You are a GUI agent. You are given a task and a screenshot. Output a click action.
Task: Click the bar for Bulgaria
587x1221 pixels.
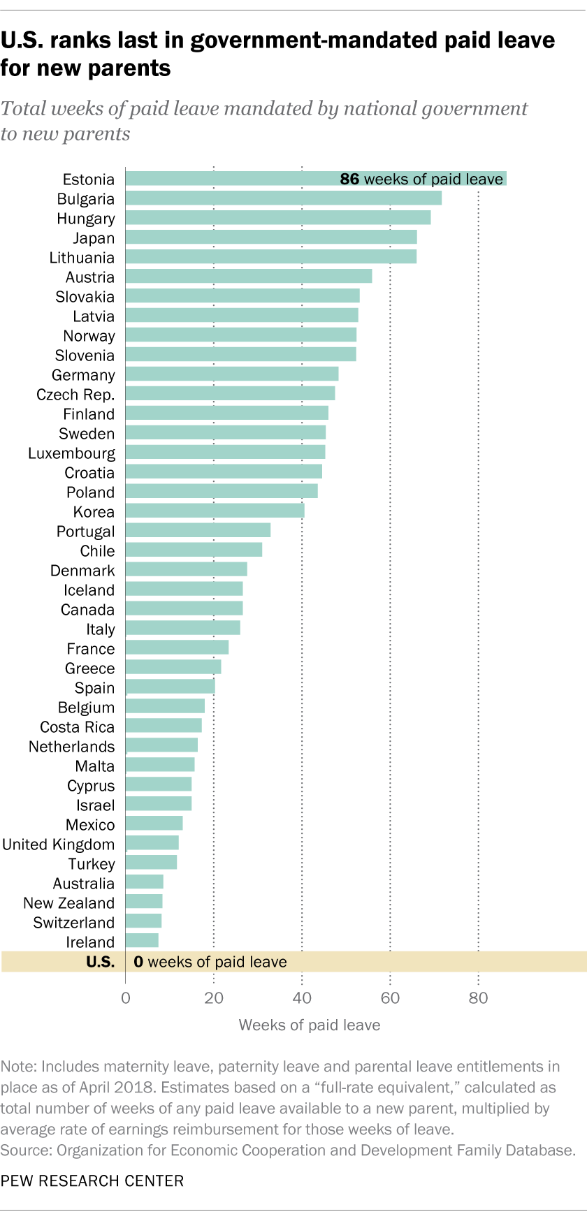(x=283, y=198)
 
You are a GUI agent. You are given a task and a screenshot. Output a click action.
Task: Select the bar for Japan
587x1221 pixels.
(x=271, y=237)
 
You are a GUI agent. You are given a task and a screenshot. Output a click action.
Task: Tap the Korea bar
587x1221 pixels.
(x=215, y=511)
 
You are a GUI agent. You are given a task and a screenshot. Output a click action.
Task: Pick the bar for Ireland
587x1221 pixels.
(x=142, y=941)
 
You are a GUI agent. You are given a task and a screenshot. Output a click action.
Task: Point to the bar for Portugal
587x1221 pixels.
(x=198, y=531)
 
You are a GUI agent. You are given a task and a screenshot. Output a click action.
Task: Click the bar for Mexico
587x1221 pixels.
(x=154, y=824)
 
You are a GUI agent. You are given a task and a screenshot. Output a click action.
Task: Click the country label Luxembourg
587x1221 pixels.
(x=71, y=453)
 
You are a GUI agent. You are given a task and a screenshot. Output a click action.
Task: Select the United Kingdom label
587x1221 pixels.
(x=58, y=845)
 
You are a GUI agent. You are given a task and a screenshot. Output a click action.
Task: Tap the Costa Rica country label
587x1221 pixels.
(x=77, y=727)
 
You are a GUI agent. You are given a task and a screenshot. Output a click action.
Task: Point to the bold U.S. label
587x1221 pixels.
(x=100, y=962)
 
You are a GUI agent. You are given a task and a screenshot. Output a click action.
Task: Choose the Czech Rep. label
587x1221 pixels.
(x=75, y=395)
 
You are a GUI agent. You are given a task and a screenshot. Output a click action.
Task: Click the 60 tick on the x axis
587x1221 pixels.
(x=390, y=997)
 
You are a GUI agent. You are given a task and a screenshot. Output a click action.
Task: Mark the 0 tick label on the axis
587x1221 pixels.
(x=126, y=997)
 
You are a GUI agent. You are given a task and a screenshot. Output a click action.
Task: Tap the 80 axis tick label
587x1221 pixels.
(x=478, y=997)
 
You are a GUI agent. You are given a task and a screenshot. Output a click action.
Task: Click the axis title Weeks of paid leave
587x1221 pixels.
(x=310, y=1025)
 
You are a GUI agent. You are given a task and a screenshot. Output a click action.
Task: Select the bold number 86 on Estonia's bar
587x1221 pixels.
(x=349, y=180)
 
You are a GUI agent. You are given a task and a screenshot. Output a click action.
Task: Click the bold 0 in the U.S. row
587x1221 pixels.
(x=138, y=962)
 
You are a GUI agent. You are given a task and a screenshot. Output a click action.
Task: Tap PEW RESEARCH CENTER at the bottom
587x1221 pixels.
(x=92, y=1181)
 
